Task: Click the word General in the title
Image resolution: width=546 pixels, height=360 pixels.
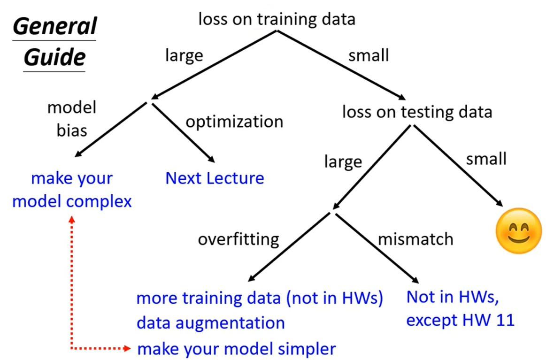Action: coord(54,26)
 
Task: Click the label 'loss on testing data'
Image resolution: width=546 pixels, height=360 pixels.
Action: coord(417,112)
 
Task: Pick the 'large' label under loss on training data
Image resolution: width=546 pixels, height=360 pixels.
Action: coord(184,55)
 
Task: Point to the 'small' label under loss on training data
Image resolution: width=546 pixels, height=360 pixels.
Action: coord(369,55)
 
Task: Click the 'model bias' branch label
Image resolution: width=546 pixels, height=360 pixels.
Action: coord(72,118)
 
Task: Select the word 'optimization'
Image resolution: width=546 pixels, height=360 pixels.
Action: coord(234,122)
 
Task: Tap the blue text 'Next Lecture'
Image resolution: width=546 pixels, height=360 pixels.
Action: coord(215,178)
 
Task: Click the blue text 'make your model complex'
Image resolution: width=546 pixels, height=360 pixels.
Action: coord(72,190)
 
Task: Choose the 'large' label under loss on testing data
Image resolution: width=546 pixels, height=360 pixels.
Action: coord(343,162)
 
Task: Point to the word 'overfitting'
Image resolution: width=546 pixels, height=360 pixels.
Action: coord(238,239)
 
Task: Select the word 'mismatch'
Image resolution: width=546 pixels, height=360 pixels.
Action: coord(416,239)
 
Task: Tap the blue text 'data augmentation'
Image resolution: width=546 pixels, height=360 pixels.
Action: coord(210,323)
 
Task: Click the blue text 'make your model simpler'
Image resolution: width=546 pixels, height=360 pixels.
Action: coord(236,349)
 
